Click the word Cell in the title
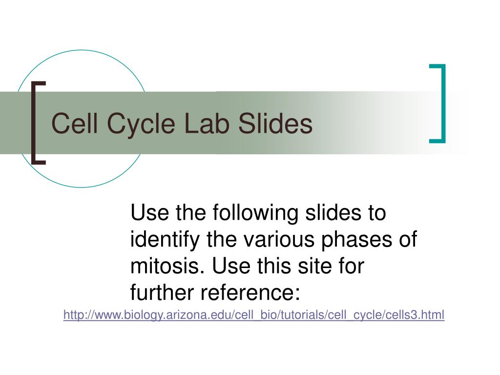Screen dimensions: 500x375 pyautogui.click(x=74, y=123)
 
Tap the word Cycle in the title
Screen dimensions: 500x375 pyautogui.click(x=141, y=125)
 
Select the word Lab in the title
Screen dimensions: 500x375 pyautogui.click(x=207, y=123)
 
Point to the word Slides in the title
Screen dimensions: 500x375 pyautogui.click(x=275, y=123)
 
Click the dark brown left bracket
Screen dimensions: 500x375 pyautogui.click(x=33, y=123)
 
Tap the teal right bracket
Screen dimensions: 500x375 pyautogui.click(x=443, y=104)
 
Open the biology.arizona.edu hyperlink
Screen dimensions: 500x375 pyautogui.click(x=254, y=315)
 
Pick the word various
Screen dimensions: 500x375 pyautogui.click(x=279, y=240)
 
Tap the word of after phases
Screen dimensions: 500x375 pyautogui.click(x=408, y=239)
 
